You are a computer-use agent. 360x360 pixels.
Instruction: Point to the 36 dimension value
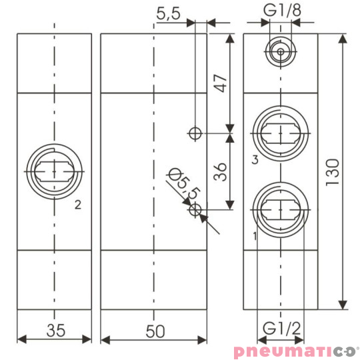[x=221, y=173]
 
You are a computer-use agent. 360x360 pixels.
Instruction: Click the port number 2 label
[x=78, y=205]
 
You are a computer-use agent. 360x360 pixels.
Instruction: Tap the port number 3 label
[x=255, y=159]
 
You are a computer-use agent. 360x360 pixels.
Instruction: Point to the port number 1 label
[x=255, y=236]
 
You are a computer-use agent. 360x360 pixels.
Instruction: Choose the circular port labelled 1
[x=280, y=211]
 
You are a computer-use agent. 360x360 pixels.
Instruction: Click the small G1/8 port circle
[x=279, y=51]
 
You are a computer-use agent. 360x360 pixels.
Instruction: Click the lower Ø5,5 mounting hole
[x=195, y=211]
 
